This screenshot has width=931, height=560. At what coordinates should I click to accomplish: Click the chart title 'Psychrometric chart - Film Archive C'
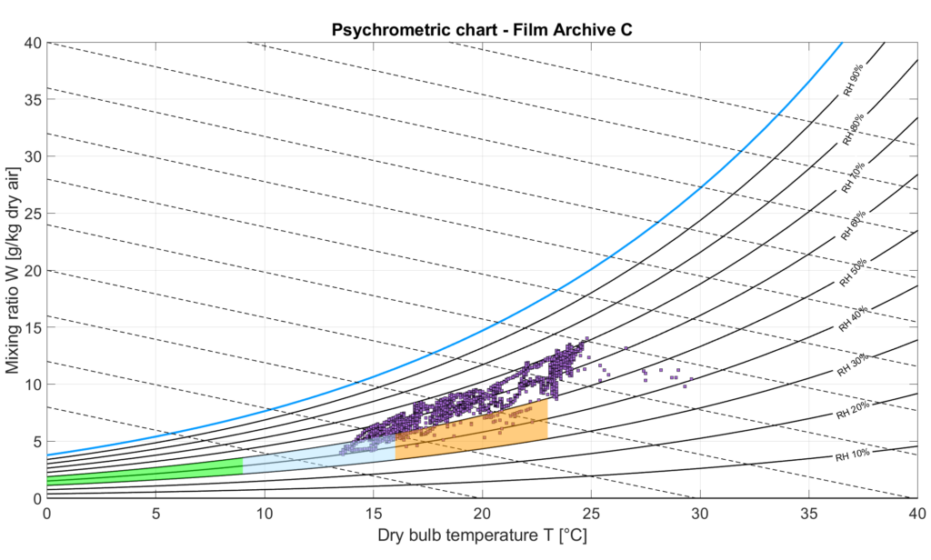(x=481, y=28)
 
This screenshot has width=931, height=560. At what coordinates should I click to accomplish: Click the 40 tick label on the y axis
(x=32, y=43)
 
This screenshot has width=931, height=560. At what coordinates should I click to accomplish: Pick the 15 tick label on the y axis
(x=32, y=327)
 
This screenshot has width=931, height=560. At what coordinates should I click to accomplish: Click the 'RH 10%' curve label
(x=853, y=453)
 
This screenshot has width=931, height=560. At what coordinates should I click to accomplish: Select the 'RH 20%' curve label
(x=853, y=411)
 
